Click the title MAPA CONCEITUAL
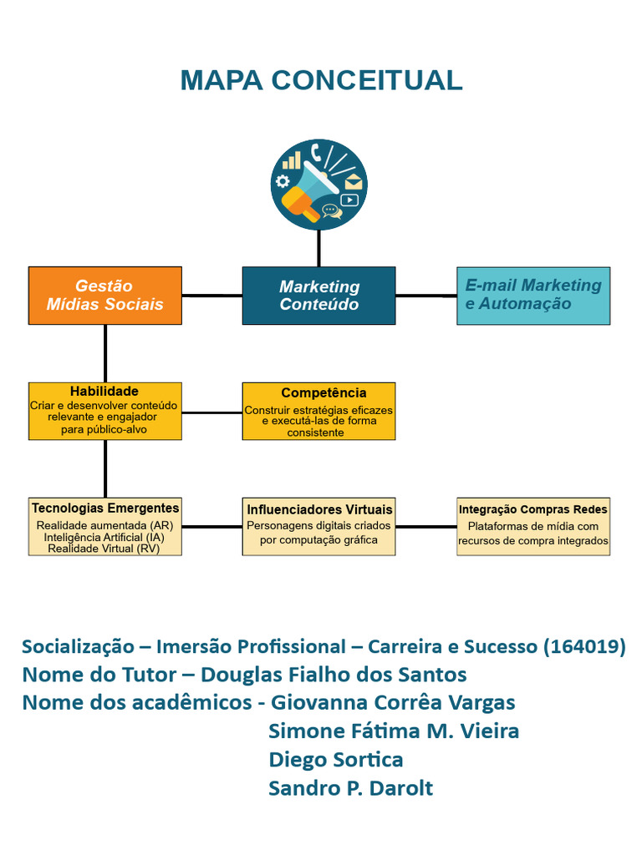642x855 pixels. (x=321, y=80)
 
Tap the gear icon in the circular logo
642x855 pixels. (x=283, y=181)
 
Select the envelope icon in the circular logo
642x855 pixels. (x=354, y=181)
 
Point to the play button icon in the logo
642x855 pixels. (x=349, y=200)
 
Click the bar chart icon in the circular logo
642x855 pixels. (x=292, y=160)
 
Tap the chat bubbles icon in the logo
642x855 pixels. (x=332, y=211)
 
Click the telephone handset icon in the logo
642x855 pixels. (x=317, y=152)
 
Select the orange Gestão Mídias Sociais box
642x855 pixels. (x=105, y=296)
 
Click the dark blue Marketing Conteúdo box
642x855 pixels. (x=318, y=296)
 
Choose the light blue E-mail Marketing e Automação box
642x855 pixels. (x=533, y=296)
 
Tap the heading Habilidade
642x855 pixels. (x=104, y=391)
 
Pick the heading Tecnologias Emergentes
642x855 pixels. (x=105, y=508)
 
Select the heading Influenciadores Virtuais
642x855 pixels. (x=319, y=509)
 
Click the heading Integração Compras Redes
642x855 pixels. (x=533, y=509)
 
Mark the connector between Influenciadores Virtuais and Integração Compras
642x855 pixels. (x=425, y=527)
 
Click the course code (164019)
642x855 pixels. (x=583, y=646)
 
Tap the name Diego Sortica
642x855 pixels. (x=336, y=760)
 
